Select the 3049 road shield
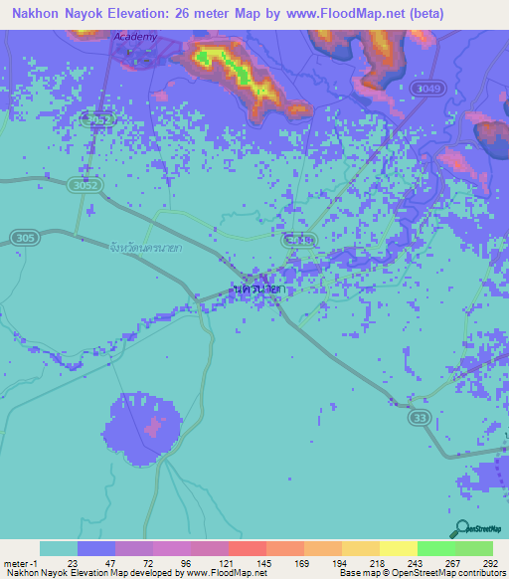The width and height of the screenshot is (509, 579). [427, 90]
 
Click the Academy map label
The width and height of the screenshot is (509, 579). [135, 37]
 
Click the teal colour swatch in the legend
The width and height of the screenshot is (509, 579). [58, 548]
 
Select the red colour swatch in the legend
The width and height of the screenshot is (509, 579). [247, 548]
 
